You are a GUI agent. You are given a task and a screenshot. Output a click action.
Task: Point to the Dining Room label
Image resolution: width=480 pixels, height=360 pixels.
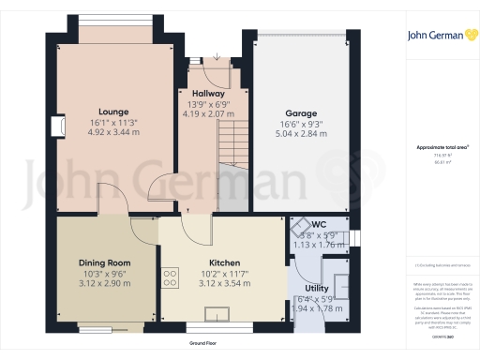104,262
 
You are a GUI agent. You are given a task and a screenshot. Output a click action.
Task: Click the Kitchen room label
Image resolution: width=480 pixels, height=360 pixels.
222,262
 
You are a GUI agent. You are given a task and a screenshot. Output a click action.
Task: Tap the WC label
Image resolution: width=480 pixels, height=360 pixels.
319,225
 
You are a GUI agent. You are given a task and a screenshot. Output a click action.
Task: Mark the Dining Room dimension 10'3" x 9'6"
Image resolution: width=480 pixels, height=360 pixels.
104,273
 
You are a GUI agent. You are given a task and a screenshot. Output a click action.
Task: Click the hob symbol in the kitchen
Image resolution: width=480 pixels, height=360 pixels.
171,277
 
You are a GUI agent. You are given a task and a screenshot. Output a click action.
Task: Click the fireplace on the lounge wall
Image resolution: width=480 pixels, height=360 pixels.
58,127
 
